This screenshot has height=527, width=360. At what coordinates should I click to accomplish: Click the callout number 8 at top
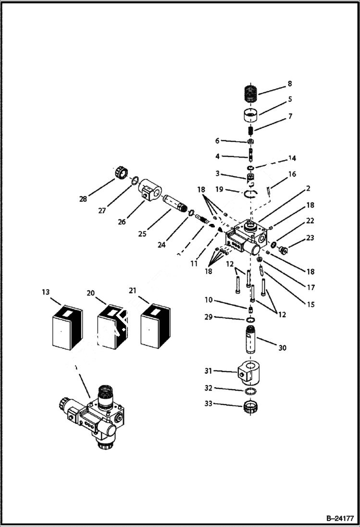click(x=290, y=84)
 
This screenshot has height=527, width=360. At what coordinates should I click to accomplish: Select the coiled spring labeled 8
click(x=253, y=93)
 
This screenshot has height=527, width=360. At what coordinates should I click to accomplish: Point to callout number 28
click(x=83, y=198)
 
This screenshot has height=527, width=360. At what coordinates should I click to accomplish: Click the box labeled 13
click(x=67, y=326)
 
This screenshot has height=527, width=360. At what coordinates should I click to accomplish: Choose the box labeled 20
click(x=112, y=326)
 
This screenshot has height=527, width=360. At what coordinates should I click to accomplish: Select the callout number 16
click(x=292, y=174)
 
